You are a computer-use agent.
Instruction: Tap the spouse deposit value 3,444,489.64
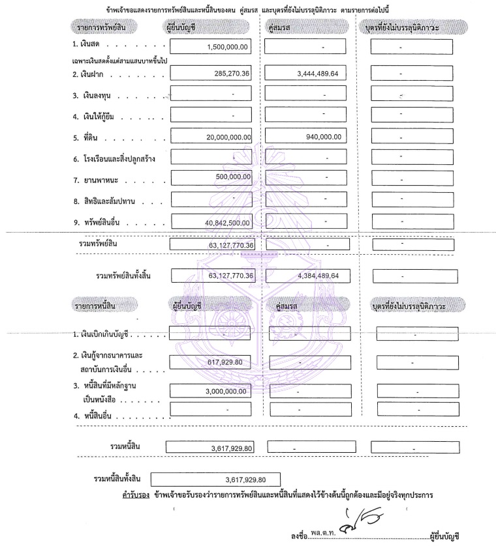click(x=320, y=74)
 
